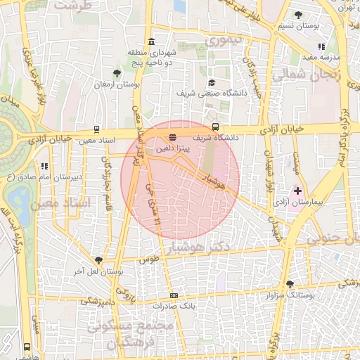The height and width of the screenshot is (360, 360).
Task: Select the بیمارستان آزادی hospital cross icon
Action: click(297, 191)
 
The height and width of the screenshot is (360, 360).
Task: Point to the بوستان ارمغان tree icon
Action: click(117, 72)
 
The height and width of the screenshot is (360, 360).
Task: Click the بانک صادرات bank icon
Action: click(174, 295)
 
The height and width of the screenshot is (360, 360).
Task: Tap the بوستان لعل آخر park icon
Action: click(98, 260)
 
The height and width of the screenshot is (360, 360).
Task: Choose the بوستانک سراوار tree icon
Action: click(290, 284)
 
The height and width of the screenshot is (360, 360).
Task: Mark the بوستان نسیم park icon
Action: click(298, 15)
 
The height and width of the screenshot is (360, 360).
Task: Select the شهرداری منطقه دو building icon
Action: click(152, 41)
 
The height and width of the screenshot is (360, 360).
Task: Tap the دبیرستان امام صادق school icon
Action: click(44, 167)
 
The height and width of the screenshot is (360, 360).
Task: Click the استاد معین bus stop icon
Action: click(96, 129)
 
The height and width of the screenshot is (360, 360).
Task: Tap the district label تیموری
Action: click(223, 40)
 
